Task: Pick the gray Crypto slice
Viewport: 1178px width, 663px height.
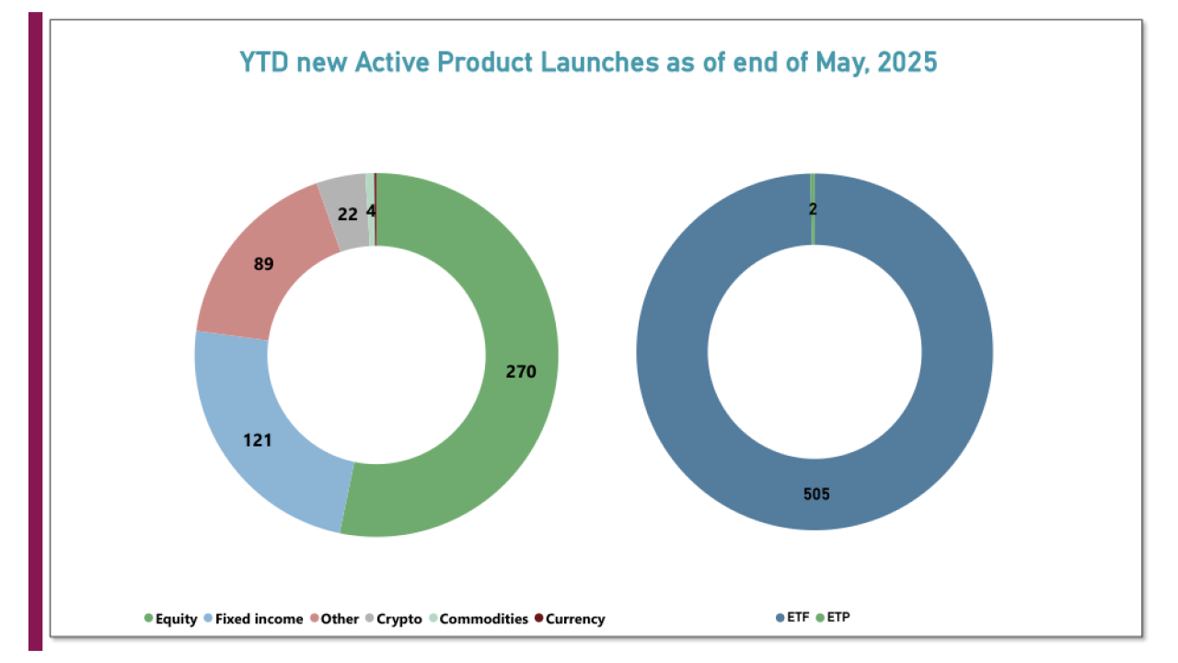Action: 345,216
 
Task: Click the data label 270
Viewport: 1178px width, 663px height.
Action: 520,372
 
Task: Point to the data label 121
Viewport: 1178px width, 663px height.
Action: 257,440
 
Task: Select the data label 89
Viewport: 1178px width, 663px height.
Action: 263,264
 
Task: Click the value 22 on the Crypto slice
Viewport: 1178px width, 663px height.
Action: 348,213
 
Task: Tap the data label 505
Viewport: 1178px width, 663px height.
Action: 815,494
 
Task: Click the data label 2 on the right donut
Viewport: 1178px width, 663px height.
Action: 813,209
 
